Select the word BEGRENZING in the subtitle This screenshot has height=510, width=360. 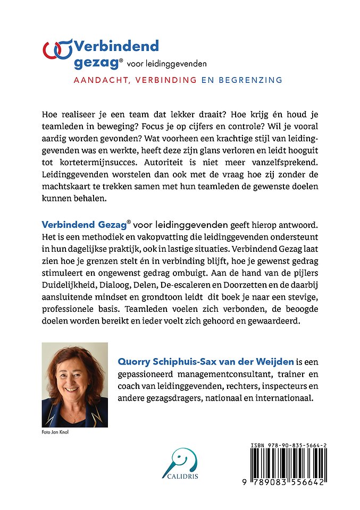pyautogui.click(x=249, y=80)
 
